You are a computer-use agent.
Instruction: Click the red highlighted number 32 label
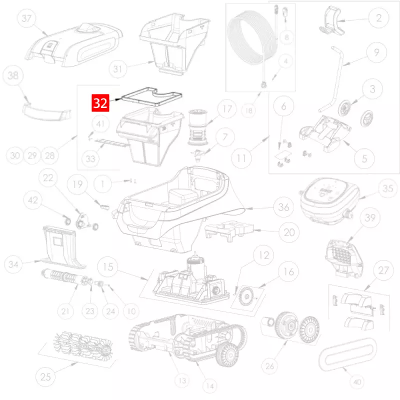point(100,103)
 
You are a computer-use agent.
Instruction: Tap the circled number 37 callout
point(26,18)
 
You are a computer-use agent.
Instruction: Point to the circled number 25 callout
point(45,376)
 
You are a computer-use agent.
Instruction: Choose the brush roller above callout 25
point(83,345)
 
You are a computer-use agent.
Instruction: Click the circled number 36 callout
point(283,207)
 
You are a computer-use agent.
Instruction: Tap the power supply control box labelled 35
point(329,201)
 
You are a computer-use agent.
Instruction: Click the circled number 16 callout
point(288,271)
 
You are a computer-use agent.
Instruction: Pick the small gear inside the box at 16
point(246,296)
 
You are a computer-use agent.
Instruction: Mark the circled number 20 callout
point(289,232)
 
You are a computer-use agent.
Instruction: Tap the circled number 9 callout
point(376,52)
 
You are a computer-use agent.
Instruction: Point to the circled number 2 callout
point(378,18)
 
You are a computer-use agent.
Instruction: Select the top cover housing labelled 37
point(74,45)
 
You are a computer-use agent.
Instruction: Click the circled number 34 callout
point(13,264)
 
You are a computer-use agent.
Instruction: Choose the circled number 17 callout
point(227,109)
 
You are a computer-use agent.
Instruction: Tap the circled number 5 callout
point(364,158)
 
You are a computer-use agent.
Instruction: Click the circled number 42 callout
point(33,200)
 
